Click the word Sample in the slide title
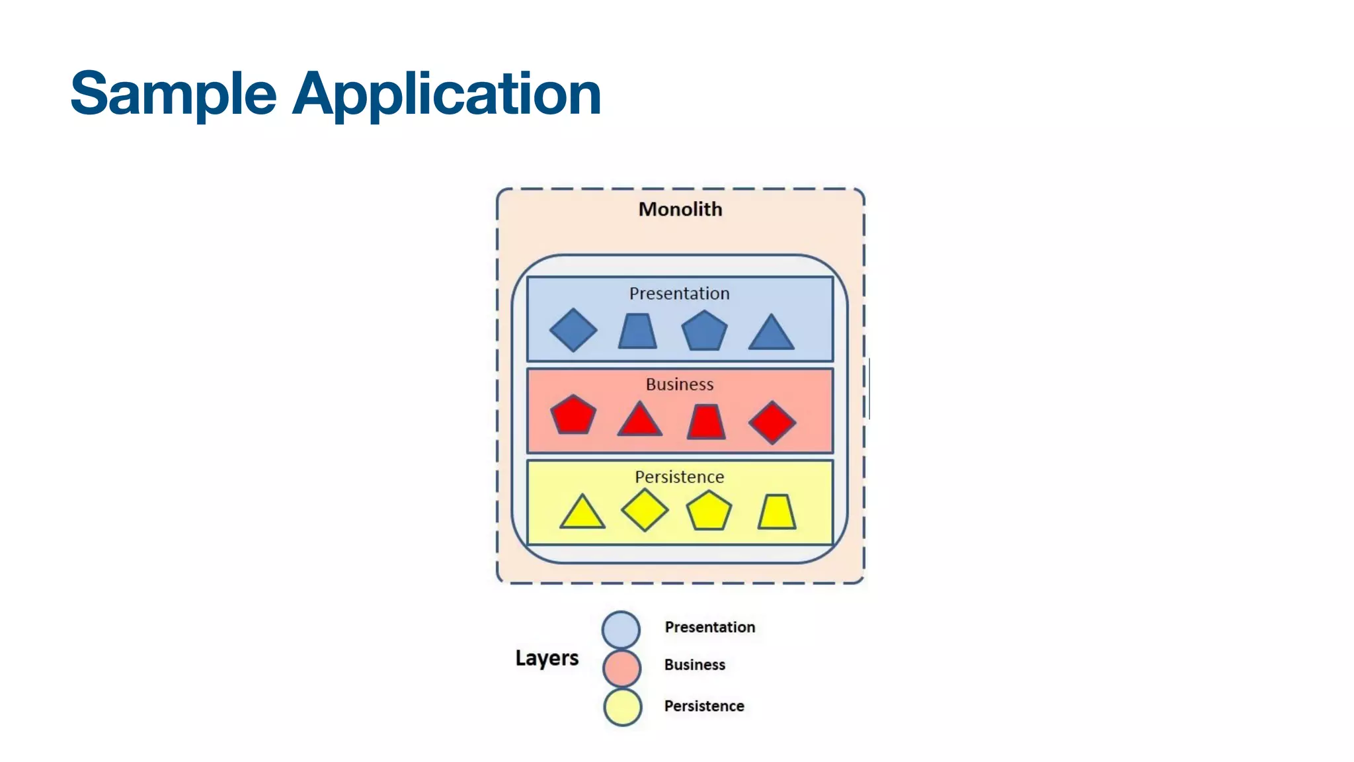(173, 94)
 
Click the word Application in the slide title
(447, 94)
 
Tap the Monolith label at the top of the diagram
(680, 209)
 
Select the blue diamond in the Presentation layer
(573, 330)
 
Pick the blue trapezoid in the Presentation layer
(637, 331)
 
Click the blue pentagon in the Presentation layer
(704, 331)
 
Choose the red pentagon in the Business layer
(573, 415)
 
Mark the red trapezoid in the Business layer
(706, 422)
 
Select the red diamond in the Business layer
(772, 422)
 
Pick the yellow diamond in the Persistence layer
(645, 510)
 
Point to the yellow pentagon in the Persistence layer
(709, 511)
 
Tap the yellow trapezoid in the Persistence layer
(776, 512)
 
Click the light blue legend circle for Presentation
(621, 629)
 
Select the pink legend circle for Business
(621, 667)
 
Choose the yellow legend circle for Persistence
(622, 707)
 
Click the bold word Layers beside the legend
(547, 658)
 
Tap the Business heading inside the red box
(680, 384)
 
